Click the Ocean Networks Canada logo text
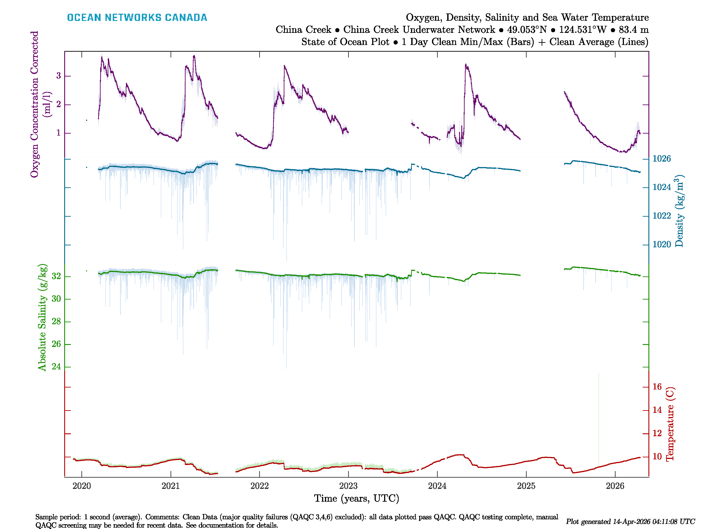tap(137, 18)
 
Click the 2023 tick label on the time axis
tap(348, 486)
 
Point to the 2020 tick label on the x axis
tap(82, 486)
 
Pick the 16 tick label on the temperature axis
tap(657, 387)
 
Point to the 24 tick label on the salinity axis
tap(56, 367)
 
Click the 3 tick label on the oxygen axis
tap(58, 76)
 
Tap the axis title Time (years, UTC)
tap(357, 498)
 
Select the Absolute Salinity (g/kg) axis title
tap(42, 317)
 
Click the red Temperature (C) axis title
tap(670, 424)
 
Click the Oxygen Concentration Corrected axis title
tap(34, 104)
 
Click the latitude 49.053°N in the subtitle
tap(527, 30)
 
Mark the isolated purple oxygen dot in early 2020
tap(86, 120)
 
